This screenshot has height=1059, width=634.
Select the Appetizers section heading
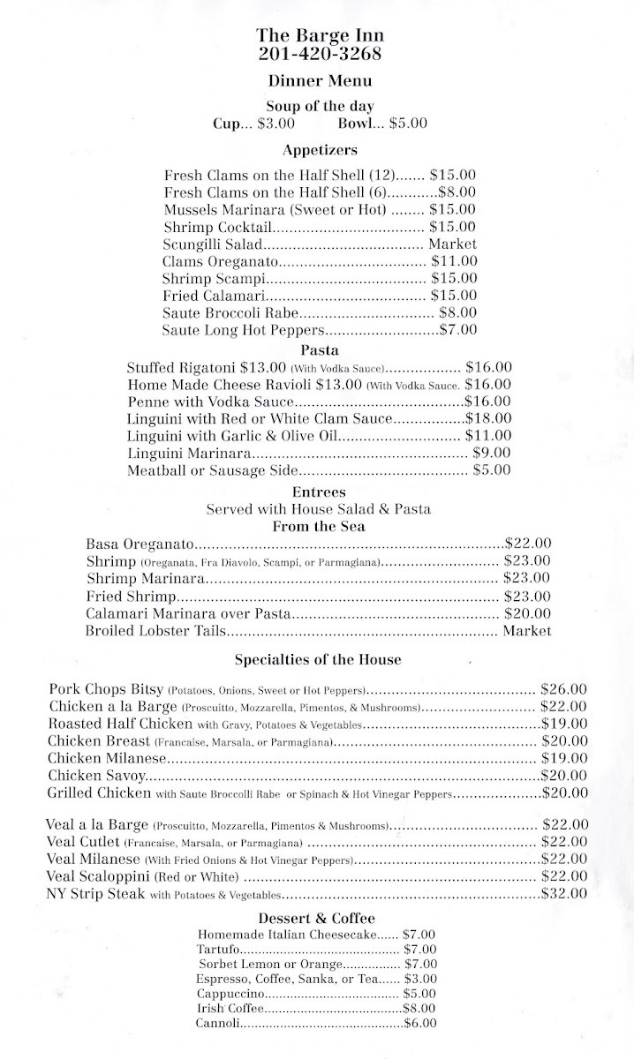320,150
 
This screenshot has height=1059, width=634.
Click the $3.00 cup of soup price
276,124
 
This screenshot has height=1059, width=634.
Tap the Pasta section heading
320,349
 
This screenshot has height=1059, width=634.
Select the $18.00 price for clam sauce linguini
488,418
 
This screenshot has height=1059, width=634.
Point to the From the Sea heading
319,527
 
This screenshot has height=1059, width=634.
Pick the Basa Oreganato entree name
141,544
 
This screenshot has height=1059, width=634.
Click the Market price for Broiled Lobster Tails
527,630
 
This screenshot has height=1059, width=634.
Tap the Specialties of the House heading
318,659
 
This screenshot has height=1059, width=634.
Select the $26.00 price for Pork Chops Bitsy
564,688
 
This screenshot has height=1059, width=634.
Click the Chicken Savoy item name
97,775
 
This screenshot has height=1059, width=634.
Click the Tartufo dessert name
218,949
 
